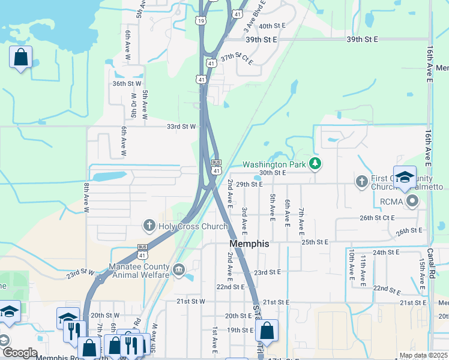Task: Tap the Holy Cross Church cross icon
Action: pyautogui.click(x=149, y=226)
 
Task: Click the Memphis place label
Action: pyautogui.click(x=249, y=244)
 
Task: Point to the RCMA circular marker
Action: pyautogui.click(x=412, y=202)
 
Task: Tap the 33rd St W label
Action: pyautogui.click(x=181, y=127)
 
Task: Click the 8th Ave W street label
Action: pyautogui.click(x=86, y=199)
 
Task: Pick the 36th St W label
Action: pyautogui.click(x=127, y=83)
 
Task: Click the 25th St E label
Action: pyautogui.click(x=316, y=242)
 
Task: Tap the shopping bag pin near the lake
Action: pyautogui.click(x=21, y=58)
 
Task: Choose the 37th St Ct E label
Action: pyautogui.click(x=237, y=59)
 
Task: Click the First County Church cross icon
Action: pyautogui.click(x=361, y=181)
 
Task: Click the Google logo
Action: pyautogui.click(x=20, y=353)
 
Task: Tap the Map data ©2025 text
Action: pyautogui.click(x=423, y=355)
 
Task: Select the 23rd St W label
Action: pyautogui.click(x=80, y=273)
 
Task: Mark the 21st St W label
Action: pyautogui.click(x=191, y=301)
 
